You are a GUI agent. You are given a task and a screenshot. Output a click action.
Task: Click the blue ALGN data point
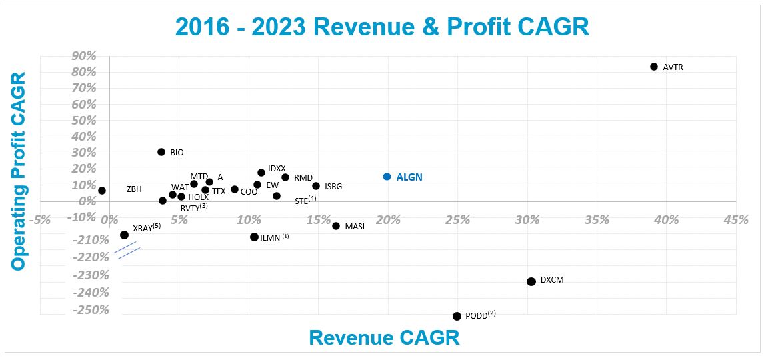click(387, 177)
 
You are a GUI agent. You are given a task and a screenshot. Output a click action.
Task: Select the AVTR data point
click(654, 67)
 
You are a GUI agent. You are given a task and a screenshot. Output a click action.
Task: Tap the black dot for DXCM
click(531, 281)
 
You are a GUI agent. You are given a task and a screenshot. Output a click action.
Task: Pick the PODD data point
click(457, 316)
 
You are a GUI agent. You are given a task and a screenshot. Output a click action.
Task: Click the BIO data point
click(161, 152)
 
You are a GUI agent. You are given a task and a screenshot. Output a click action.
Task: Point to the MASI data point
click(336, 226)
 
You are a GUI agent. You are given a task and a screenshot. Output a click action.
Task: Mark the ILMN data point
click(254, 237)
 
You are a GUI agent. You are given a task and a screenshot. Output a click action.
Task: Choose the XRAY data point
click(124, 235)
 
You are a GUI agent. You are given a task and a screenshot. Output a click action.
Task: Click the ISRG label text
click(333, 187)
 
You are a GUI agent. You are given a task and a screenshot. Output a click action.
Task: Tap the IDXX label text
click(277, 169)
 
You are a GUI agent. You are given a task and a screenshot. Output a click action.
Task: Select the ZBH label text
click(134, 189)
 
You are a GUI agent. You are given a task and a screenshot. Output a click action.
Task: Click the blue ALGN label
click(409, 177)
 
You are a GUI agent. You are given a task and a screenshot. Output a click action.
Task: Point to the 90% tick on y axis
click(85, 55)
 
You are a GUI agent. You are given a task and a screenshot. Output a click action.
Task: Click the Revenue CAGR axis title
click(384, 337)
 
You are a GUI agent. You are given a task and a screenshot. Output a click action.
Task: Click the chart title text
click(382, 27)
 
